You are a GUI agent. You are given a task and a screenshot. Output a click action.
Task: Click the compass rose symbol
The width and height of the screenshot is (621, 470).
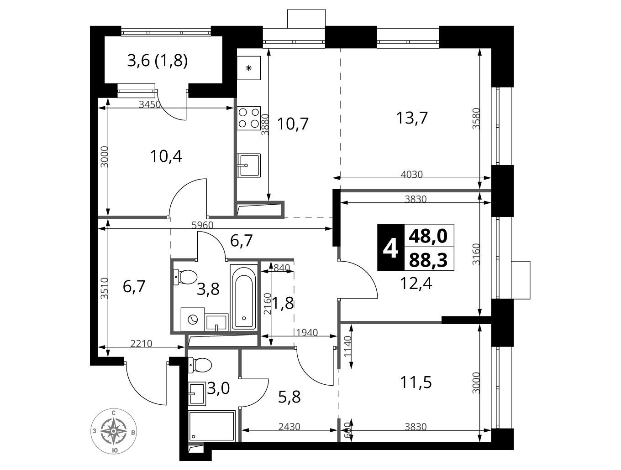click(113, 431)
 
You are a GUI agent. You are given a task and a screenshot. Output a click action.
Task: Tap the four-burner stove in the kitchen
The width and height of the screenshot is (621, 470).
click(249, 118)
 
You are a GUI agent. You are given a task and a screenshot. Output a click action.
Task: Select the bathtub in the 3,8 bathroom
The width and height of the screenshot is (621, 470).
click(243, 297)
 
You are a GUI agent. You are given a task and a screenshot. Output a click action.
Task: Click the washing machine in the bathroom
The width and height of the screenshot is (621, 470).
click(192, 320)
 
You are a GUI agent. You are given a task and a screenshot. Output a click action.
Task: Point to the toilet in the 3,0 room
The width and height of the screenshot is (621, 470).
click(200, 366)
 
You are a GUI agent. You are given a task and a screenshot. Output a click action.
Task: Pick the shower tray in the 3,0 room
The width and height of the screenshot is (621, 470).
click(211, 426)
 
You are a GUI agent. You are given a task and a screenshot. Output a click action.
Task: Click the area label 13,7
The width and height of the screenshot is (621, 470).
click(412, 118)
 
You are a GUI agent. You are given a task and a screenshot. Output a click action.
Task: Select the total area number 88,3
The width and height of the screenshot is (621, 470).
click(428, 260)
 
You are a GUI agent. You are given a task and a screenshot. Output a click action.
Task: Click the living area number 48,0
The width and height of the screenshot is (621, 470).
click(428, 236)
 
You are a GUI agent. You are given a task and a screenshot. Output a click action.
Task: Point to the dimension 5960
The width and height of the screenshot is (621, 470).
click(202, 225)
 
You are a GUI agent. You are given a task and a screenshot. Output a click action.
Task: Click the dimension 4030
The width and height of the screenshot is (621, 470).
click(412, 174)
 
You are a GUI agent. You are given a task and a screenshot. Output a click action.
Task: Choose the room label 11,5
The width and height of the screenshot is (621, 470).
click(416, 383)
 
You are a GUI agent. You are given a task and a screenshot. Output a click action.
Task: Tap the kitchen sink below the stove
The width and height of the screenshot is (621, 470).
click(249, 165)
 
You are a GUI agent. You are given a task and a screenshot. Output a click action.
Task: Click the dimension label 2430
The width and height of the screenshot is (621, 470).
click(289, 427)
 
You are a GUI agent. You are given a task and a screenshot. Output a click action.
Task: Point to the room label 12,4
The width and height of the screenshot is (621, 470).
click(416, 284)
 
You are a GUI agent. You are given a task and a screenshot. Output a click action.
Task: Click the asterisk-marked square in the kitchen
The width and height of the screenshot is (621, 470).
click(249, 68)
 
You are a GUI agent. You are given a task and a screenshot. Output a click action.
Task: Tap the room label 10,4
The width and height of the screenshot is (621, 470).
click(166, 156)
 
